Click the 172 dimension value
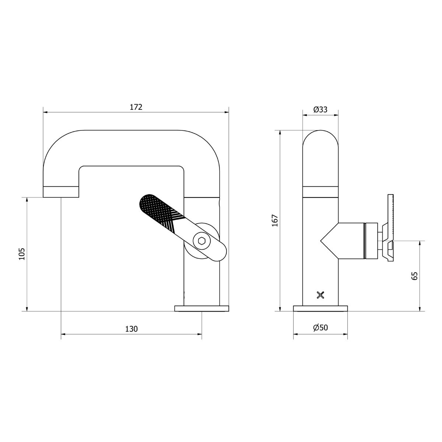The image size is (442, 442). click(x=136, y=107)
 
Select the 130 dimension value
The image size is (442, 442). click(x=131, y=329)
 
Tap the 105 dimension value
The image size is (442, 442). click(x=22, y=254)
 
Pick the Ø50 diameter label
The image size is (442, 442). click(x=320, y=327)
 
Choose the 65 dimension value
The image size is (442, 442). click(x=415, y=276)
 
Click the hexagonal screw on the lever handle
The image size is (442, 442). click(x=201, y=241)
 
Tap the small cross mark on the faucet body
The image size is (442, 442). click(x=320, y=295)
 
